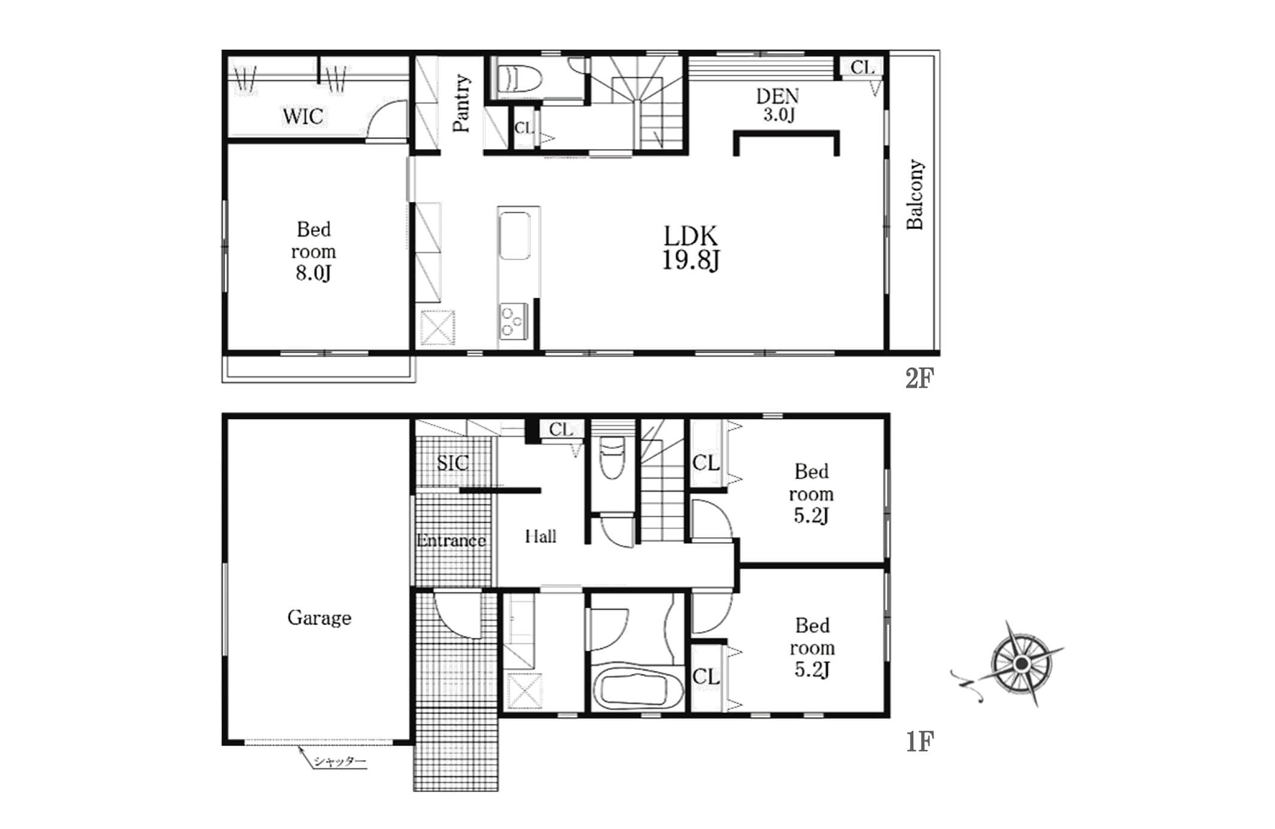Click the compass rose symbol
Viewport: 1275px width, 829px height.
pos(1021,664)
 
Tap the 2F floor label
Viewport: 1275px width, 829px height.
pos(919,378)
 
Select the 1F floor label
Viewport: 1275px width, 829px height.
pos(920,741)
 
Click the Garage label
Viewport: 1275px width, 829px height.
pos(319,617)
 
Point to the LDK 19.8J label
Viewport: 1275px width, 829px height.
pos(690,248)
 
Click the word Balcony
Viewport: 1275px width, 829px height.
pos(915,194)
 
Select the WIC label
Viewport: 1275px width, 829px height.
pos(303,116)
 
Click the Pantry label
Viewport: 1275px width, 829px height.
pos(461,103)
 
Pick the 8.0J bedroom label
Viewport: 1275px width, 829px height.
pos(313,251)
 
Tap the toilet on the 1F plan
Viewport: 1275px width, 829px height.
pos(613,457)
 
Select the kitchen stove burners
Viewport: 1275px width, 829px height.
pos(513,322)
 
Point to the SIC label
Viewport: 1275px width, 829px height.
pos(453,462)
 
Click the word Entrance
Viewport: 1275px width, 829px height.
pos(451,541)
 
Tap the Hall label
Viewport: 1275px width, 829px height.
pos(541,536)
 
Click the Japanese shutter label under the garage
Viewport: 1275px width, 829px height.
pos(340,761)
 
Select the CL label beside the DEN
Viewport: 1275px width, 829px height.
pos(863,67)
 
